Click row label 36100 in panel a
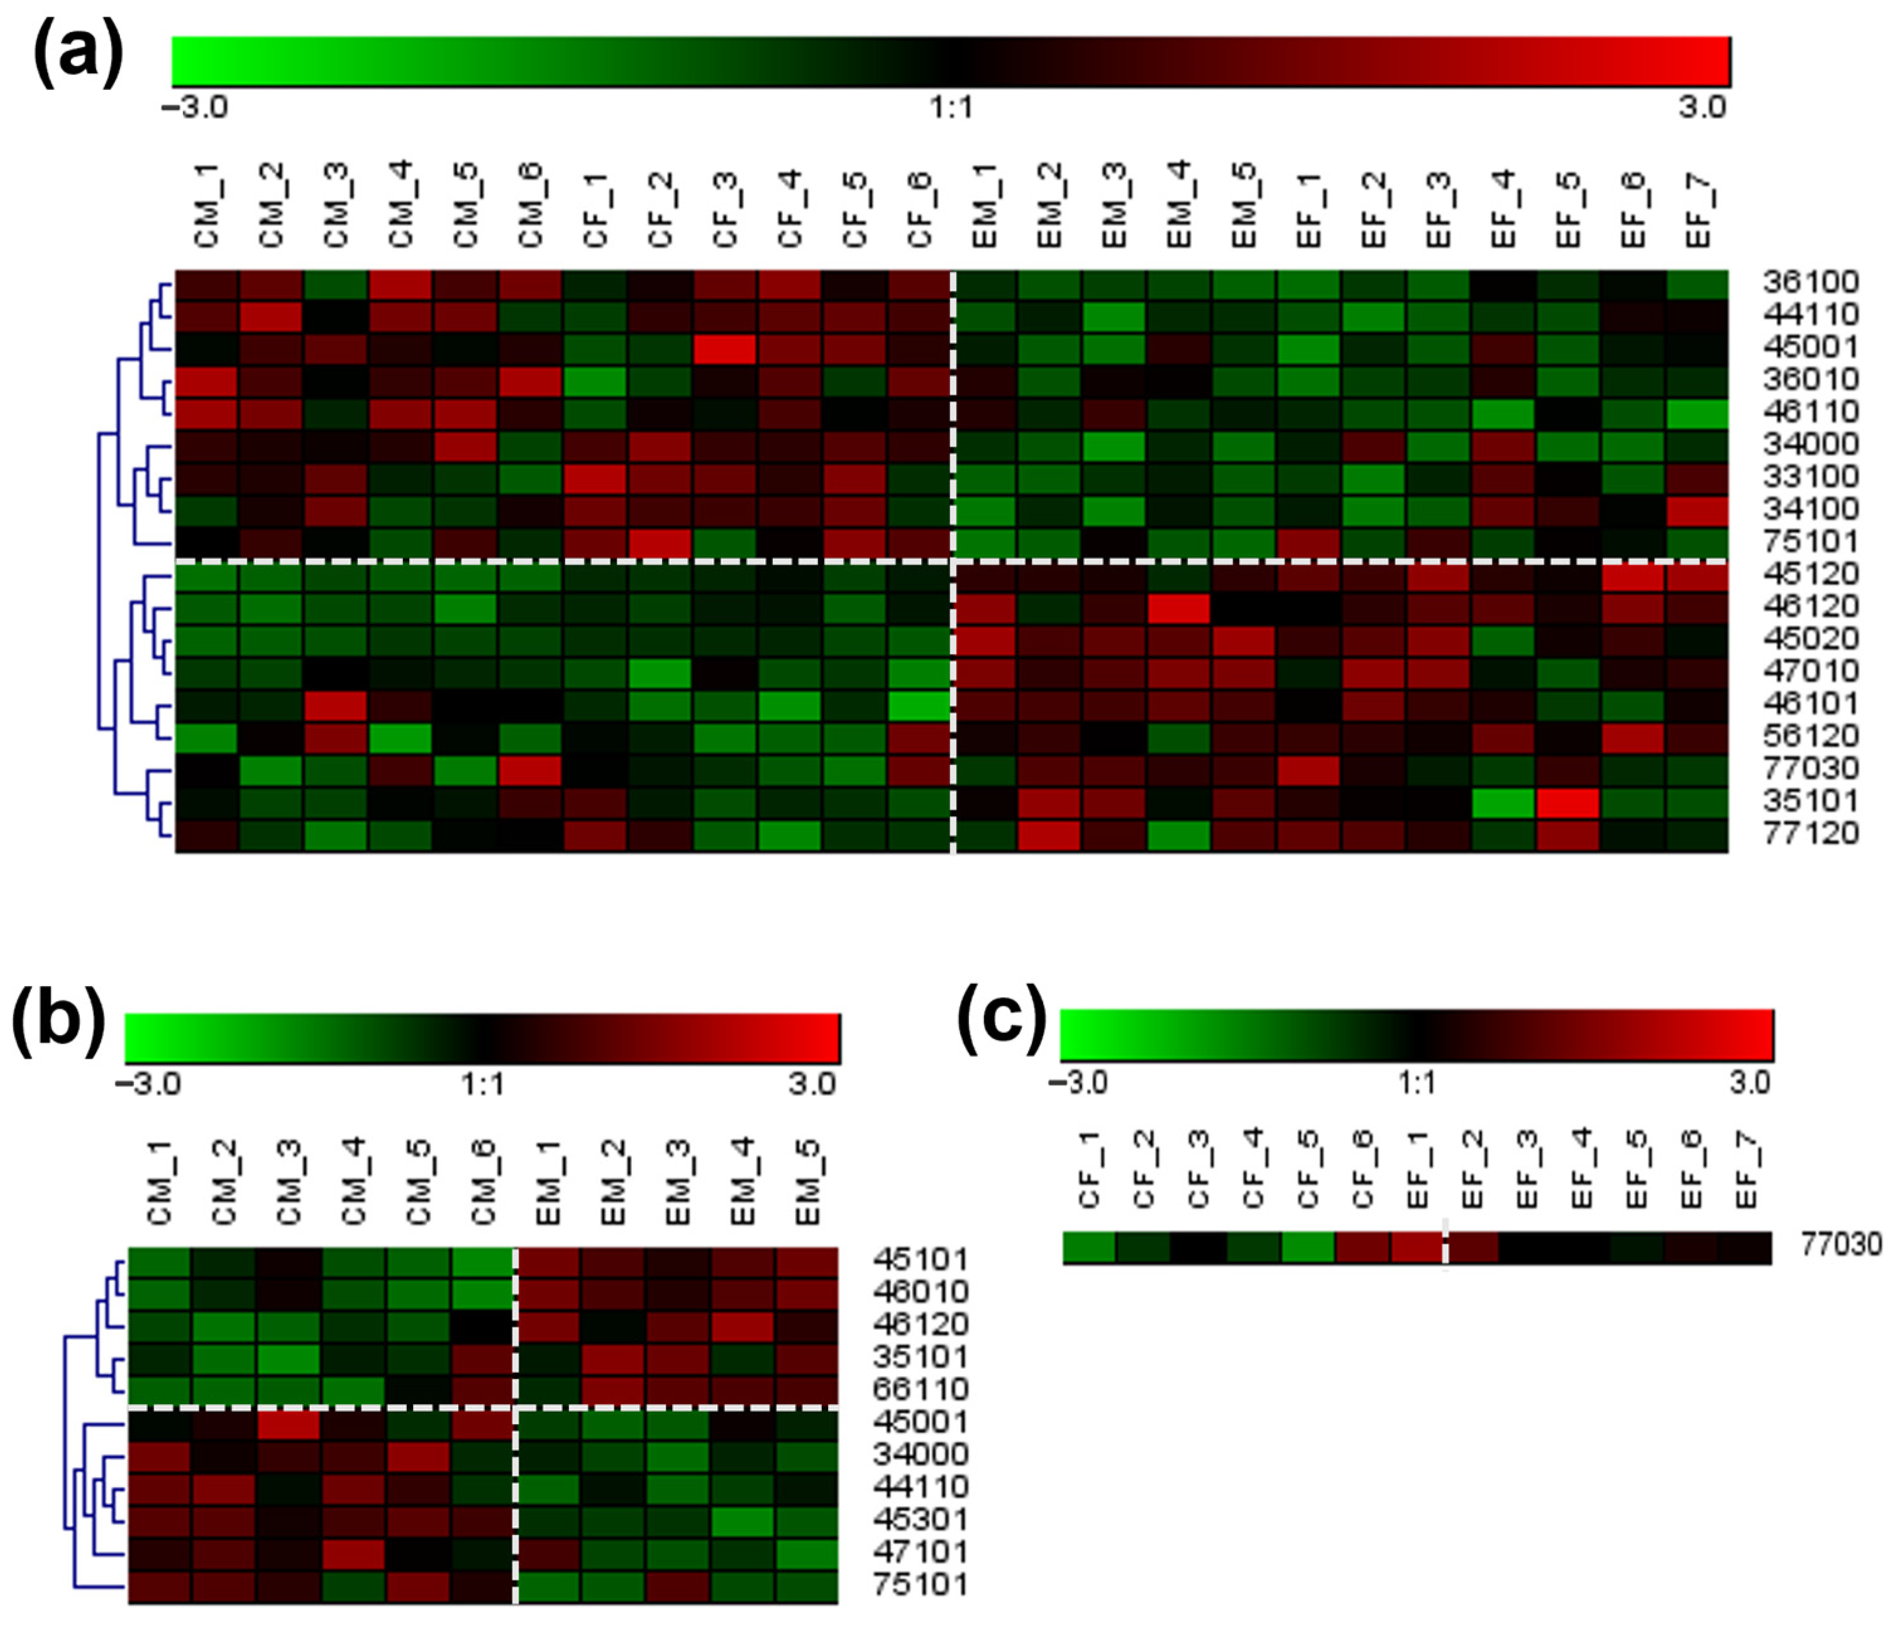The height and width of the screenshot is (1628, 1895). point(1811,282)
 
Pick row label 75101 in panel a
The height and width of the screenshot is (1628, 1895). point(1811,541)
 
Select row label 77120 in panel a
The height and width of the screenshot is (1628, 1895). point(1811,833)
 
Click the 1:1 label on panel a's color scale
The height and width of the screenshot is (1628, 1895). point(951,108)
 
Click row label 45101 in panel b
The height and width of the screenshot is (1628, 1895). point(920,1260)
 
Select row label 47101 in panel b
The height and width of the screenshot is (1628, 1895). point(920,1552)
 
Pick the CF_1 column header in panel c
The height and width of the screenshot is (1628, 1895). point(1088,1171)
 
